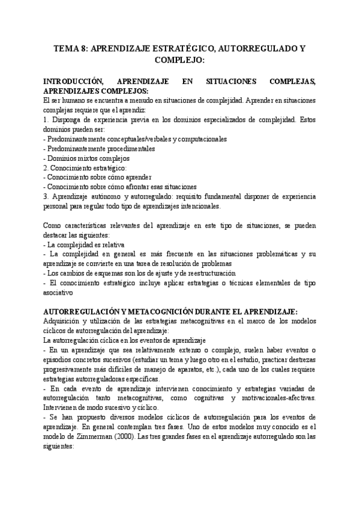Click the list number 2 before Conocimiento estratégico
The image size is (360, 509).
pyautogui.click(x=46, y=167)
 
